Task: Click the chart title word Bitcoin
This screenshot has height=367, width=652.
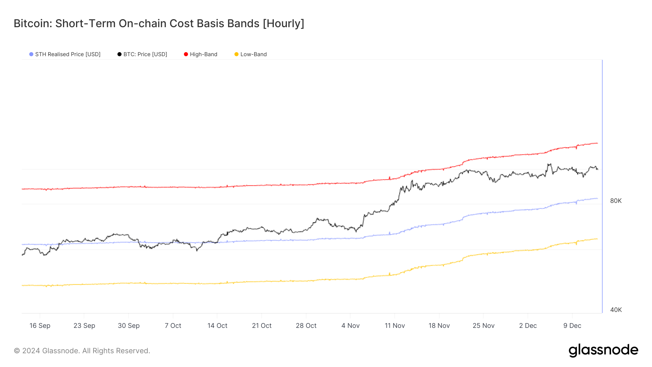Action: (33, 24)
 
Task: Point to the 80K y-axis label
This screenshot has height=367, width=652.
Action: (616, 201)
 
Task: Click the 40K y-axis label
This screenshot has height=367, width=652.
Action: (616, 310)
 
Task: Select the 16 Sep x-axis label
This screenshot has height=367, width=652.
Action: (40, 326)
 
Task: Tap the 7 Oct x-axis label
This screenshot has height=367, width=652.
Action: (173, 326)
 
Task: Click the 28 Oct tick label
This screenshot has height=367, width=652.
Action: (306, 326)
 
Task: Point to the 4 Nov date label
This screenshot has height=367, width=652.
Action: (350, 326)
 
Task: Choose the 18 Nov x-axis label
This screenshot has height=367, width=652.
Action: (439, 326)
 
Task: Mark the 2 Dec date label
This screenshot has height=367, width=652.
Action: (528, 326)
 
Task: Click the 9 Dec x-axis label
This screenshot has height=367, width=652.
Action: (572, 326)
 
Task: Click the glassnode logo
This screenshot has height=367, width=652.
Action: (603, 350)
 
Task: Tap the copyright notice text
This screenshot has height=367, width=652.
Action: (82, 351)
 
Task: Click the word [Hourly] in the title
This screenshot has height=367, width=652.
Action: (283, 24)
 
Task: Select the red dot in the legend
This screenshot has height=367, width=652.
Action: (186, 54)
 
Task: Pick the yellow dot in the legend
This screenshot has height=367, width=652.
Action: (237, 54)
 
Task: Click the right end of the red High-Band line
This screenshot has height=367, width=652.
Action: (597, 143)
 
